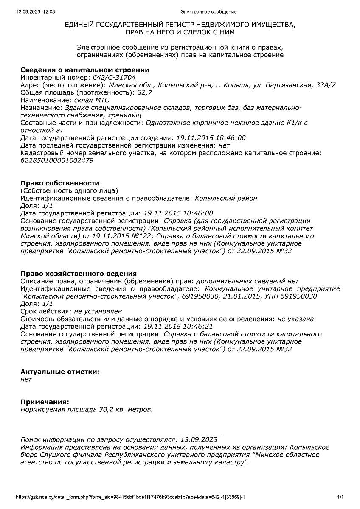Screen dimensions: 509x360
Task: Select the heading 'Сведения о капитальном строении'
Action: (x=85, y=70)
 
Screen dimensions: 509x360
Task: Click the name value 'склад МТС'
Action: (x=91, y=100)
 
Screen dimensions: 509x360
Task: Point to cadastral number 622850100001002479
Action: (x=57, y=161)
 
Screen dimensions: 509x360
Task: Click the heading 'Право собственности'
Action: (x=60, y=183)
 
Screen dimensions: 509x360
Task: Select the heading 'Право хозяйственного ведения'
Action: (x=79, y=274)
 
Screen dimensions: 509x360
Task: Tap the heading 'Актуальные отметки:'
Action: (x=60, y=372)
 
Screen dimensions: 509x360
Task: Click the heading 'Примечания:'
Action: (x=45, y=402)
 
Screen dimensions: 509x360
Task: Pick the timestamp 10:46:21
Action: (x=199, y=326)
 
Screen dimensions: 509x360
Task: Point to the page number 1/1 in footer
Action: (x=340, y=497)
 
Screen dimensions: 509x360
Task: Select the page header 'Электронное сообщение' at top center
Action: (x=208, y=11)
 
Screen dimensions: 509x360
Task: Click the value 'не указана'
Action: (x=295, y=319)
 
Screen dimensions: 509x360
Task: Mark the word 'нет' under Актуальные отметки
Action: (x=26, y=379)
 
